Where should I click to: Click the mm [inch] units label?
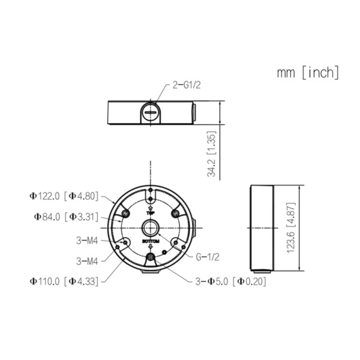coord(308,73)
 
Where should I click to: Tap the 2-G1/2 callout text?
coord(186,85)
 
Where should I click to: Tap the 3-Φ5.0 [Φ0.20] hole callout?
coord(230,280)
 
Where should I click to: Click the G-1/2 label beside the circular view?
coord(207,257)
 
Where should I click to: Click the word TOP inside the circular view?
coord(151,213)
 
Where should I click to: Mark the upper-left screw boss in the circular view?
coord(125,214)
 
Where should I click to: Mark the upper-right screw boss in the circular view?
coord(176,214)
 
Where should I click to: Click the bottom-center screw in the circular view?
coord(151,258)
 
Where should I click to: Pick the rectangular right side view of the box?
coord(261,229)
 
